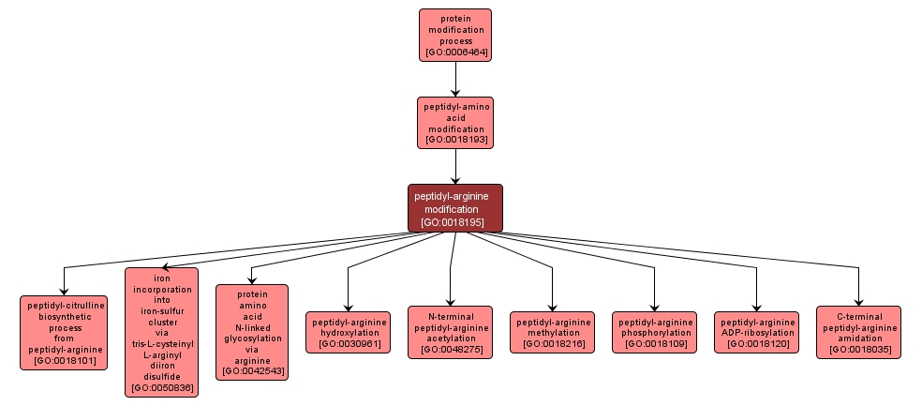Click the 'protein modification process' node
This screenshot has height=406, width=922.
[454, 35]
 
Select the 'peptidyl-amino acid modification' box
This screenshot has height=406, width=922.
[454, 122]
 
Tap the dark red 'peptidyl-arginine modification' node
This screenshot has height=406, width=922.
[454, 207]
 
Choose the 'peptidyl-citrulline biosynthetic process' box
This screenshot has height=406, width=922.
[64, 332]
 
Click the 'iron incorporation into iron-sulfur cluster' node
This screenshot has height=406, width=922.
[161, 332]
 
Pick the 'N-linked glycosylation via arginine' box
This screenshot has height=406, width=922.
[251, 332]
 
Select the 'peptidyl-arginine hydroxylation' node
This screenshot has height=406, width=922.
[349, 332]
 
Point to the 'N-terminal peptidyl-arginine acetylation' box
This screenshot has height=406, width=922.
[451, 332]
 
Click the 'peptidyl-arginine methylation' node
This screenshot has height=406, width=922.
[552, 332]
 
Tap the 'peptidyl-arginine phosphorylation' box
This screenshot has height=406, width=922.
[654, 332]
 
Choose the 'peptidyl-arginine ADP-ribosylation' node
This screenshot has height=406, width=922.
[756, 332]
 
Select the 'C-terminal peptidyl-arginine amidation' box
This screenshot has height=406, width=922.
[857, 332]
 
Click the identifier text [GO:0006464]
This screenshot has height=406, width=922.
[455, 53]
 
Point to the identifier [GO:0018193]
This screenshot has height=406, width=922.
[455, 140]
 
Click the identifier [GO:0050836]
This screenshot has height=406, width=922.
[161, 387]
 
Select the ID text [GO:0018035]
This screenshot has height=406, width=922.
[857, 350]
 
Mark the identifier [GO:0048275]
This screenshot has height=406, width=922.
[451, 350]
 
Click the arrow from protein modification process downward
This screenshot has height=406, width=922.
[455, 79]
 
